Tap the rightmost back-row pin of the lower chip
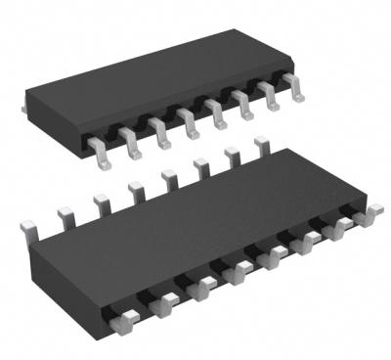261,146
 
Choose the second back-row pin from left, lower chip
65,212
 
